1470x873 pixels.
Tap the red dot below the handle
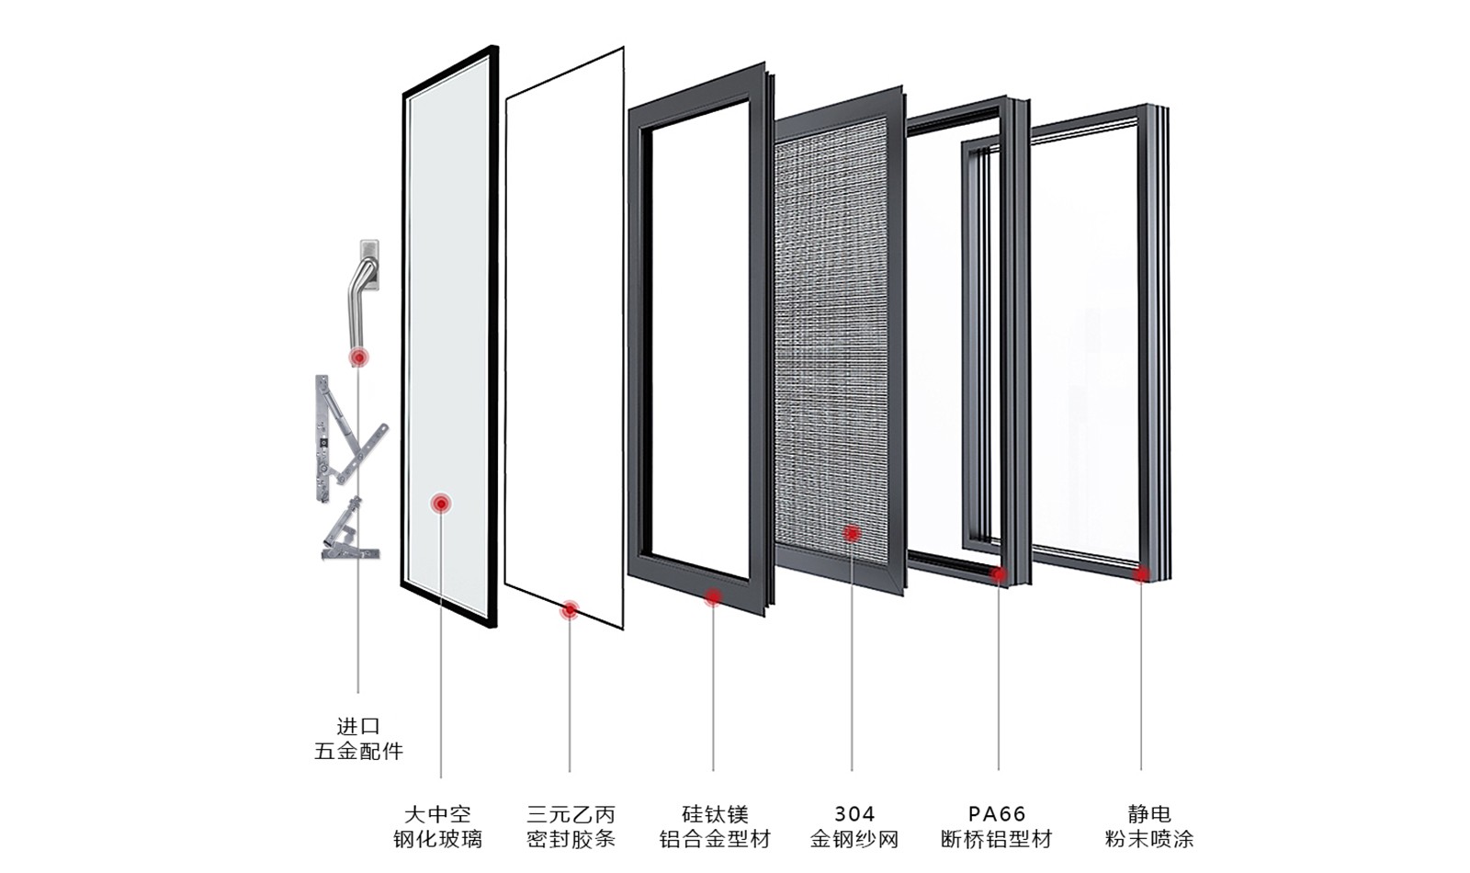358,357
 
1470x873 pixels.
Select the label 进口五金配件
358,739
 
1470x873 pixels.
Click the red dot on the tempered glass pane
442,503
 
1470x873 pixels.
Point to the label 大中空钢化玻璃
437,826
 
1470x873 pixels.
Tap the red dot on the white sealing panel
570,609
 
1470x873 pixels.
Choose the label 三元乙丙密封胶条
571,826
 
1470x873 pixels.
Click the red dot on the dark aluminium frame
713,597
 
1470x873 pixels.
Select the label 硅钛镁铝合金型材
715,826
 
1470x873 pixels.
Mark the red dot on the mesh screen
852,533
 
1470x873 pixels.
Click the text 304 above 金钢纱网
854,814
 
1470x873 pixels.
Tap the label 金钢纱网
854,839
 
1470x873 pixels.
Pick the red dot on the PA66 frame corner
999,574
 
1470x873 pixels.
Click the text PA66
997,814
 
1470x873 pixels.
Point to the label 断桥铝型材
997,839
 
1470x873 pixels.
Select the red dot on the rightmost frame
1141,575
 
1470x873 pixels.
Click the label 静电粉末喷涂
1149,826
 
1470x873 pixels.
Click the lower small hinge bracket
347,533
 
